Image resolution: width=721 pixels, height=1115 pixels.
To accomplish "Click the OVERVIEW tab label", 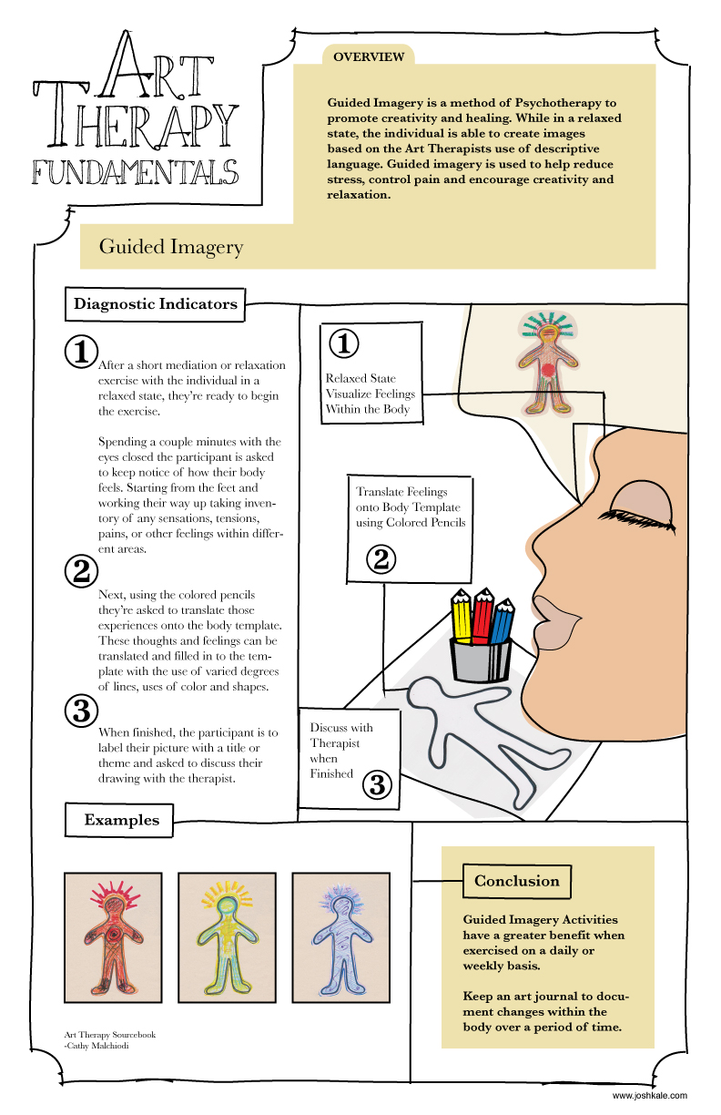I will coord(368,56).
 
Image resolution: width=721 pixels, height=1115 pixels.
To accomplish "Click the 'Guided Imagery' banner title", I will coord(170,246).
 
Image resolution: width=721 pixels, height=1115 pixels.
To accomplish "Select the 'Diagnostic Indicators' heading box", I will coord(155,304).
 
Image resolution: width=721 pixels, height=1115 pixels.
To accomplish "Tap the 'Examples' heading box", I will coord(121,820).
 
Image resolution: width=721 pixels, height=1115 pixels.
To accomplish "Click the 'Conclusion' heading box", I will coord(516,881).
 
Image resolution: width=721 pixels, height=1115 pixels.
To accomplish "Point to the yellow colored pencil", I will coord(462,619).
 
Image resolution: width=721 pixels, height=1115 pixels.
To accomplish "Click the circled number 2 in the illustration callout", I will coord(382,558).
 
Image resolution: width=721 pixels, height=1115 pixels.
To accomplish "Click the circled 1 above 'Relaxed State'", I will coord(343,344).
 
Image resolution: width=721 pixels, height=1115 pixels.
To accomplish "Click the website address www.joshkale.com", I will coord(649,1096).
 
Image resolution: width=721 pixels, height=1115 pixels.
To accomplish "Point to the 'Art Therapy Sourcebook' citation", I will coord(104,1036).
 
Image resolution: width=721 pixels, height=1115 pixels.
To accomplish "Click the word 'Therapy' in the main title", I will coord(137,122).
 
